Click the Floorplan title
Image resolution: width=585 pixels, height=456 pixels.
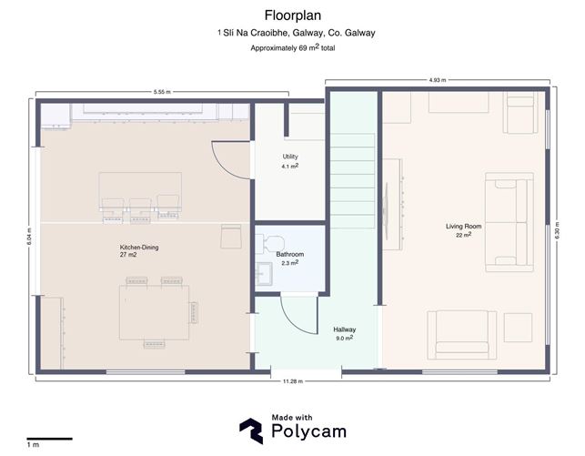point(293,15)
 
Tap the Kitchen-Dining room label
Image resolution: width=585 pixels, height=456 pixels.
point(139,247)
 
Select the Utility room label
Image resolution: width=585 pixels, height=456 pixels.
point(290,157)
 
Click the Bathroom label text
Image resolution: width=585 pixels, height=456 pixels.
point(290,254)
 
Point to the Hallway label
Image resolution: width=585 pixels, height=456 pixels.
point(345,329)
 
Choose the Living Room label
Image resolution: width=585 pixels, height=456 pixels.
point(463,226)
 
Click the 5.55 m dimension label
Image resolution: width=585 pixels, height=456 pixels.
point(162,92)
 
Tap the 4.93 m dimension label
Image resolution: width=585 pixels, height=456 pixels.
point(438,80)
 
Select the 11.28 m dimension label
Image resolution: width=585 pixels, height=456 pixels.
point(293,381)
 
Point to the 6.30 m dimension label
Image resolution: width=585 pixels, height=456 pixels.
point(557,230)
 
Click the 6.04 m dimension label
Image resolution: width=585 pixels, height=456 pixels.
point(29,237)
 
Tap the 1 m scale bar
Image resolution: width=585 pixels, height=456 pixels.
point(49,439)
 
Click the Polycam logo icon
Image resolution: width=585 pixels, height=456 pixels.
point(251,431)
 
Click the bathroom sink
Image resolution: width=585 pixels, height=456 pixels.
point(264,274)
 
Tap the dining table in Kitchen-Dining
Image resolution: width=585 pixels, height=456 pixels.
point(154,312)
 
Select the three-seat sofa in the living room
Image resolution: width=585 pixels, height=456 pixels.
point(509,222)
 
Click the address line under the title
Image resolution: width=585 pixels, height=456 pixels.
point(297,33)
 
